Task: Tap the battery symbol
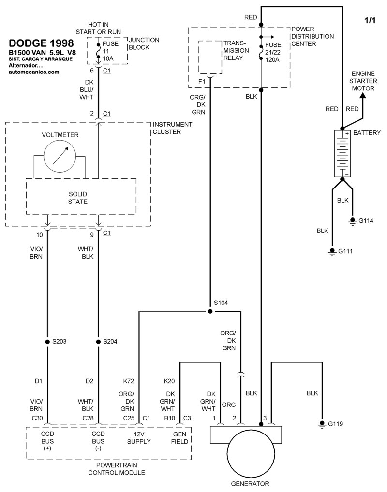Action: pos(342,153)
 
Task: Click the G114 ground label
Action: pos(366,220)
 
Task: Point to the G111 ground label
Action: pos(345,251)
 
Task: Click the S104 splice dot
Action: pos(210,311)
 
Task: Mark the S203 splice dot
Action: pos(47,341)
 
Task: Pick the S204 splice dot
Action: pos(98,341)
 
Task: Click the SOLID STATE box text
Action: pos(78,197)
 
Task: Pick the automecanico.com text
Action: pos(34,72)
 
